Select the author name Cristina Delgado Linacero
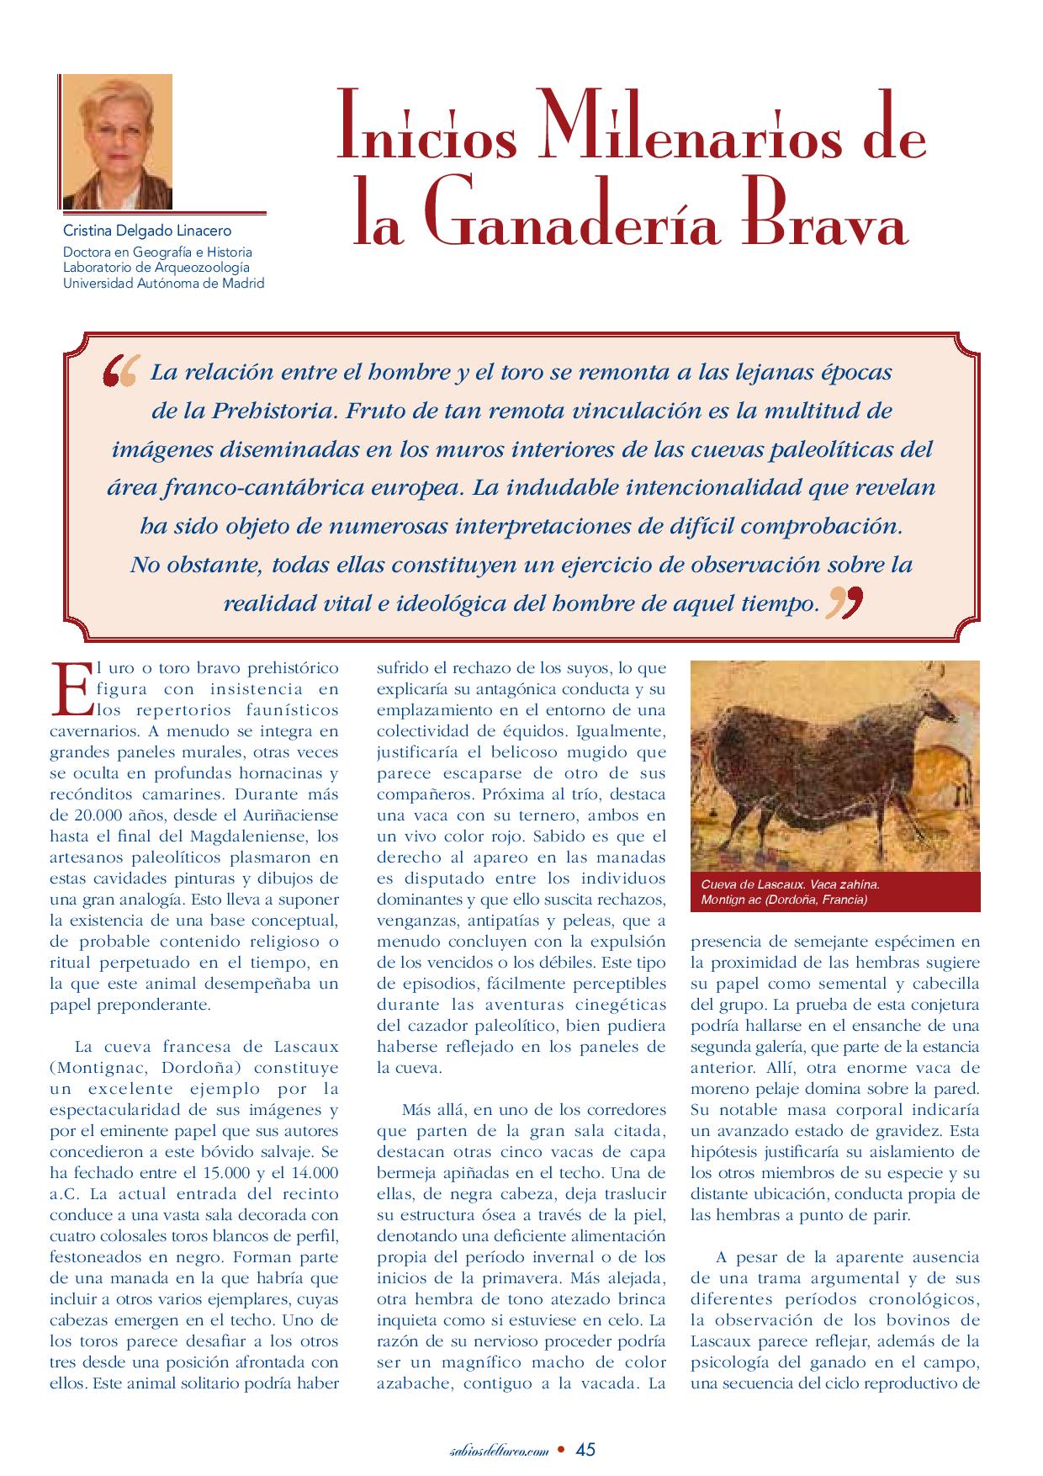pyautogui.click(x=147, y=231)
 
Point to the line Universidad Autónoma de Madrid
pyautogui.click(x=164, y=284)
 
